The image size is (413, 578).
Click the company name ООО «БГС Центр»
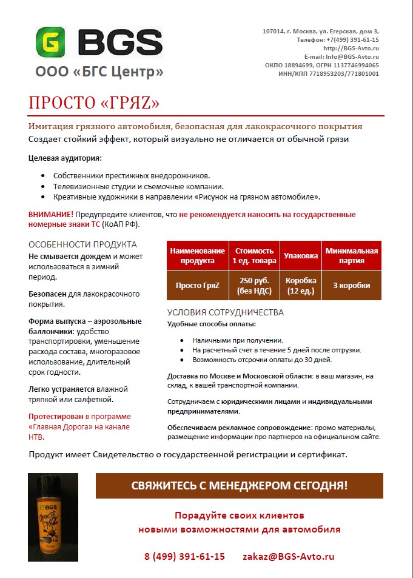pyautogui.click(x=99, y=72)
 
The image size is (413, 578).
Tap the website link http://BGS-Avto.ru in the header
pyautogui.click(x=351, y=48)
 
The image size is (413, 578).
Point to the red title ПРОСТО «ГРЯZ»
pyautogui.click(x=94, y=103)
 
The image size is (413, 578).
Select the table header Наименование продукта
pyautogui.click(x=197, y=256)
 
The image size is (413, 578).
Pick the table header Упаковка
pyautogui.click(x=301, y=256)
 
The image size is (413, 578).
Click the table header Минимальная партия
pyautogui.click(x=352, y=256)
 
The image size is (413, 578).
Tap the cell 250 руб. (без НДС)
pyautogui.click(x=254, y=285)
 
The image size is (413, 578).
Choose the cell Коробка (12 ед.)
pyautogui.click(x=301, y=285)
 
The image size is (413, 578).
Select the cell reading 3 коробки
pyautogui.click(x=352, y=285)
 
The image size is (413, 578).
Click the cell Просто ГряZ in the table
pyautogui.click(x=197, y=285)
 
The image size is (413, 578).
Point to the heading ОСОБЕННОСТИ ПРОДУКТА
pyautogui.click(x=82, y=244)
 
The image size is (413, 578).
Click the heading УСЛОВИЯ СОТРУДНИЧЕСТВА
pyautogui.click(x=226, y=313)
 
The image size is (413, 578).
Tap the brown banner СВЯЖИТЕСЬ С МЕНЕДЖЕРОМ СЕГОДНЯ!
pyautogui.click(x=240, y=486)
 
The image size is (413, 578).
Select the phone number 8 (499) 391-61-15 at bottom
pyautogui.click(x=184, y=556)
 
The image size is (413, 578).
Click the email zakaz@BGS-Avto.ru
pyautogui.click(x=288, y=556)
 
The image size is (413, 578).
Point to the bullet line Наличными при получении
pyautogui.click(x=238, y=340)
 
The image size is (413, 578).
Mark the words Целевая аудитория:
pyautogui.click(x=65, y=158)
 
